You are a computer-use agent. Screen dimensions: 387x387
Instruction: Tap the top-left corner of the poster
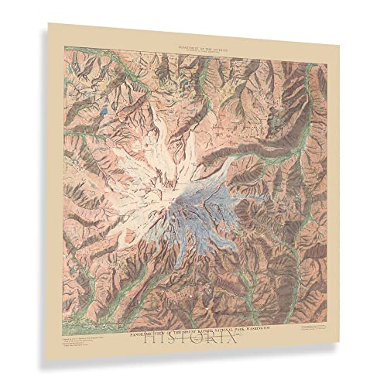[48, 22]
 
